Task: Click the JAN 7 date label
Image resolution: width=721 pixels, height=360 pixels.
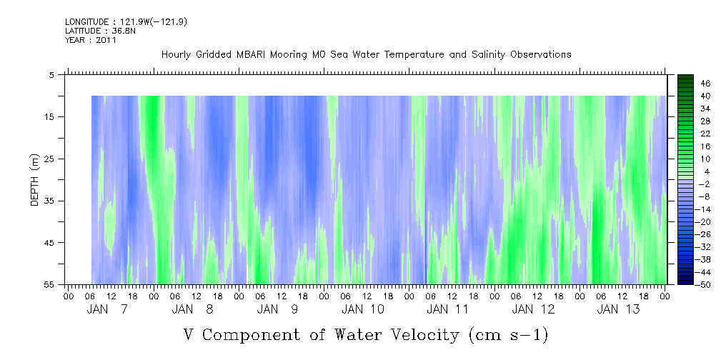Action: point(107,309)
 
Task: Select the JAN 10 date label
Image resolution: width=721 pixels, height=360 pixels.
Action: point(363,309)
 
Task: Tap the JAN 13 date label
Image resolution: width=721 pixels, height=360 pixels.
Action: point(619,309)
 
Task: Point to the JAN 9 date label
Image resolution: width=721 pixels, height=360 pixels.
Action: point(278,309)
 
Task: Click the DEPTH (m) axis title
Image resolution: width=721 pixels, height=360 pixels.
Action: point(35,180)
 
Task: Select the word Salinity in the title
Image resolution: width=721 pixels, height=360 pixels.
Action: point(487,55)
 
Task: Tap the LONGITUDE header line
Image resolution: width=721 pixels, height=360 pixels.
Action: point(126,22)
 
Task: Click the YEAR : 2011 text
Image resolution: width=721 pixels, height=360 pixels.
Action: point(91,40)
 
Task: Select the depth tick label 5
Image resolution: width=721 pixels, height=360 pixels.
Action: point(51,75)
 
